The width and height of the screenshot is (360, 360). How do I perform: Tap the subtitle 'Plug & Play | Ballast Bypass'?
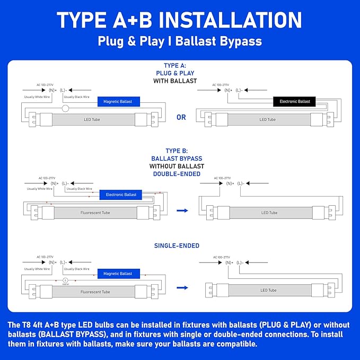[180, 41]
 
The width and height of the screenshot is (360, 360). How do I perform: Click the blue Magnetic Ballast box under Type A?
[118, 101]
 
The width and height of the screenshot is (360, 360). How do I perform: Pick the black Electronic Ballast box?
[294, 101]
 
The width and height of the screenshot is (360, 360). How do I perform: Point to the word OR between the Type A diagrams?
[181, 117]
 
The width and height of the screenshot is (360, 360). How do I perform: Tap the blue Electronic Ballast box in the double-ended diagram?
[121, 195]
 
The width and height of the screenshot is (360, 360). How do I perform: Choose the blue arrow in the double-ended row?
[182, 211]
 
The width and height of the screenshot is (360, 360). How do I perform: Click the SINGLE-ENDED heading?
[177, 246]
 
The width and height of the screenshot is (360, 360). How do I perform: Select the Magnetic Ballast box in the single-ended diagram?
[118, 274]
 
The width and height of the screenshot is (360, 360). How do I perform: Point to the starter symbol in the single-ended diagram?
[65, 280]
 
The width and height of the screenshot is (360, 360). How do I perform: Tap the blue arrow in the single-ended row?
[182, 288]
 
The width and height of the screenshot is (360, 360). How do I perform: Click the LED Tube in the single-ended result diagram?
[268, 290]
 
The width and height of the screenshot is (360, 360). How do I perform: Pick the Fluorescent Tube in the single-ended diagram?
[95, 292]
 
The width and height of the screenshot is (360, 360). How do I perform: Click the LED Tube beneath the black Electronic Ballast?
[267, 119]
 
